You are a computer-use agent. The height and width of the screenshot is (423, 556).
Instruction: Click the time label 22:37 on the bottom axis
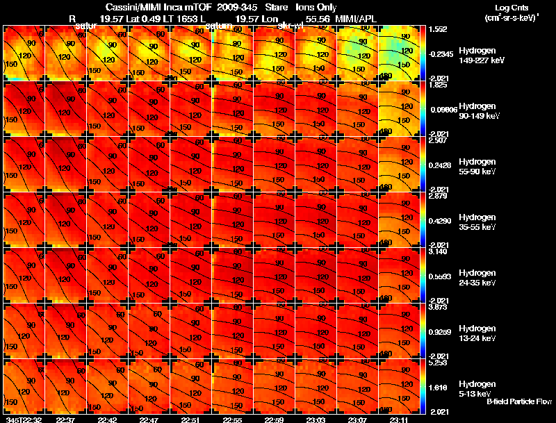coord(67,419)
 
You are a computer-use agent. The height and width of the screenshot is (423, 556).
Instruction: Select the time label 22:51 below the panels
coord(193,419)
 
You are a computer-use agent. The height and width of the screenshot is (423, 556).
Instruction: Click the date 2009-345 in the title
coord(236,7)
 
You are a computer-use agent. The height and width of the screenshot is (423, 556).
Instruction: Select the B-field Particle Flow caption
coord(518,401)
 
